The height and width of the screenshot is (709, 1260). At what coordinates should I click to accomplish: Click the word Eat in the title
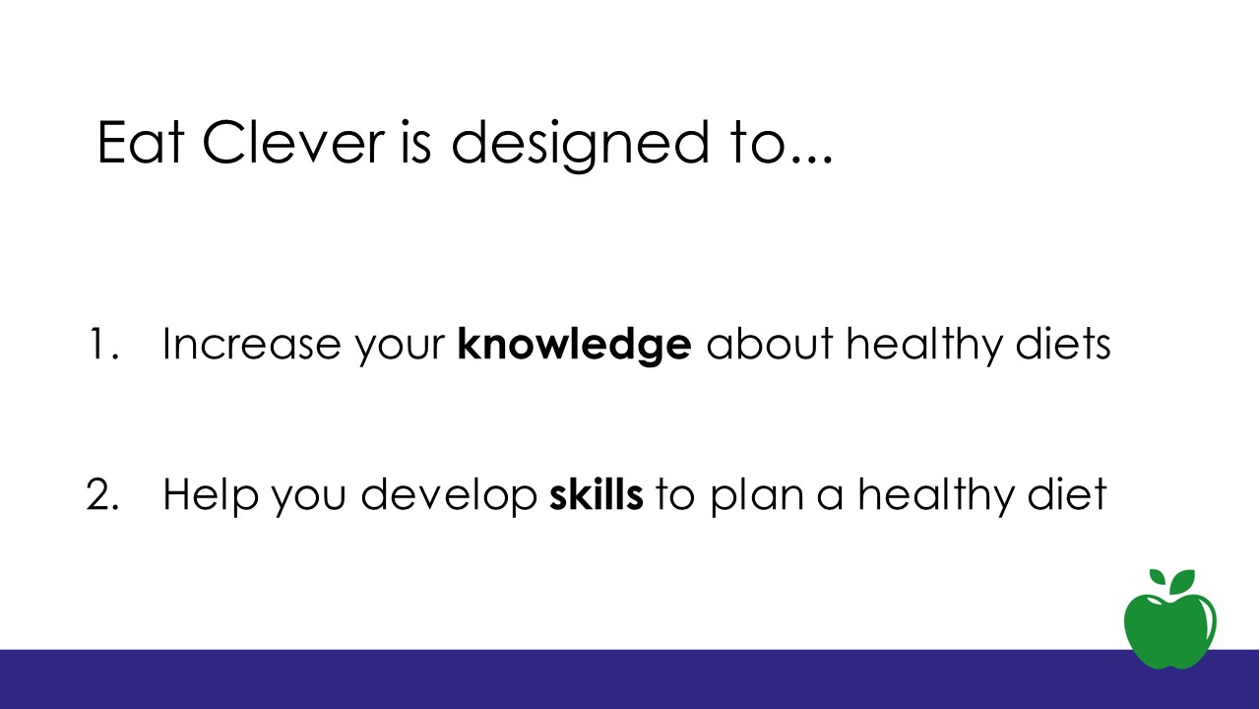tap(141, 143)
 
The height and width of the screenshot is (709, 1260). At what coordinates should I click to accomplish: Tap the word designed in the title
tap(580, 146)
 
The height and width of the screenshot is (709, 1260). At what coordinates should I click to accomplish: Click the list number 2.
tap(102, 494)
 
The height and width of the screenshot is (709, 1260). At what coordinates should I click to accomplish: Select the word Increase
tap(251, 344)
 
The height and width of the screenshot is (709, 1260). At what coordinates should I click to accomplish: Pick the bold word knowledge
tap(574, 346)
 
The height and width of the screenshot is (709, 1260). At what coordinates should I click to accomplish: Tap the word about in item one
tap(770, 344)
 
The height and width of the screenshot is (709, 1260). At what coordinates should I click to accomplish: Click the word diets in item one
tap(1063, 344)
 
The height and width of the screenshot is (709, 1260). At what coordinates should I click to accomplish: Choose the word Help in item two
tap(211, 495)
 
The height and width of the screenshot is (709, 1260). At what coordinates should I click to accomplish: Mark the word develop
tap(449, 495)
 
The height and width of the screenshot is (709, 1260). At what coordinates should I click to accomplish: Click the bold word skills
tap(597, 493)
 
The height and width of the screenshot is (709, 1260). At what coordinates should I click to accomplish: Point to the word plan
tap(757, 496)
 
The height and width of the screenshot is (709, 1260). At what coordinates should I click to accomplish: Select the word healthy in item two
tap(936, 496)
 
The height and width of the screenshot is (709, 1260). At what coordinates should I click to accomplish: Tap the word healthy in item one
tap(924, 346)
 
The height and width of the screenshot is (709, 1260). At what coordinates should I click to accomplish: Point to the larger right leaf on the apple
tap(1182, 582)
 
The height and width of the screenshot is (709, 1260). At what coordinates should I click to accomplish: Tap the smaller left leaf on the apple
tap(1158, 577)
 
